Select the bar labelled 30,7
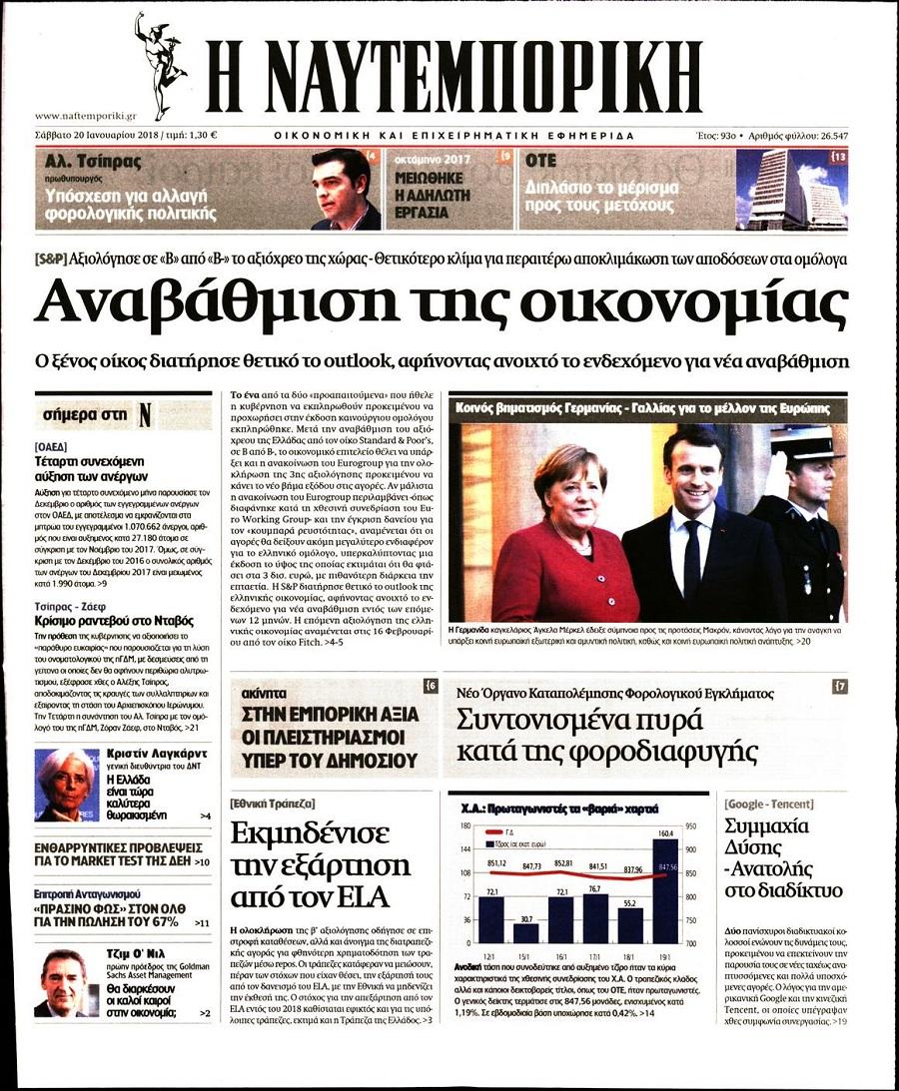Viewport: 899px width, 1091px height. pyautogui.click(x=525, y=932)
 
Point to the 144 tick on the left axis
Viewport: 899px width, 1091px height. pyautogui.click(x=464, y=848)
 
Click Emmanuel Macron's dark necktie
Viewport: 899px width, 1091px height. pyautogui.click(x=691, y=559)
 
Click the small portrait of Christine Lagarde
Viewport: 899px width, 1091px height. pyautogui.click(x=66, y=785)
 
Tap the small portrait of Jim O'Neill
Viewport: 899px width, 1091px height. pyautogui.click(x=64, y=983)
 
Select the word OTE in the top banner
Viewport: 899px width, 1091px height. pyautogui.click(x=541, y=160)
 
